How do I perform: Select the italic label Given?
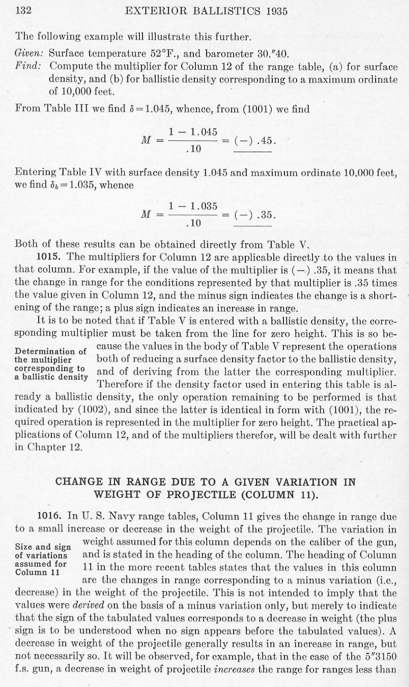(x=30, y=53)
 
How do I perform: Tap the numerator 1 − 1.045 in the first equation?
(x=193, y=131)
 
